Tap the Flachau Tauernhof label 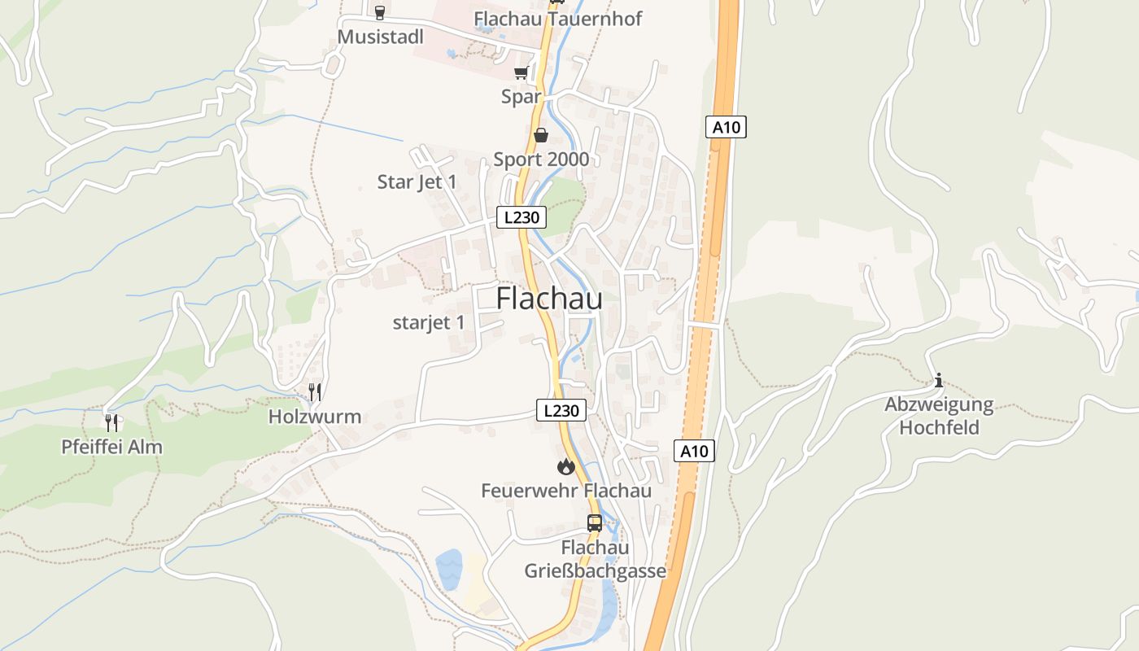tap(557, 19)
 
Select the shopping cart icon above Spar tap(521, 73)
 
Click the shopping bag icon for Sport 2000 tap(540, 135)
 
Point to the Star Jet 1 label tap(417, 181)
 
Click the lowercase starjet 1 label tap(429, 322)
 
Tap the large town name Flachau tap(549, 299)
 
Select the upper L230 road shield tap(521, 217)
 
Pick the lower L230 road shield tap(561, 410)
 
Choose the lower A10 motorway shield tap(694, 451)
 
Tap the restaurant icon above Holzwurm tap(316, 392)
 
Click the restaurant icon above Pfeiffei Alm tap(112, 422)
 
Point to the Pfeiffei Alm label tap(112, 447)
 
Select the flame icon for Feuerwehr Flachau tap(565, 466)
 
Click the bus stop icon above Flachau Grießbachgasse tap(595, 523)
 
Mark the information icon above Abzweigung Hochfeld tap(939, 380)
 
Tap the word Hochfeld tap(939, 427)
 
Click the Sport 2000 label tap(541, 159)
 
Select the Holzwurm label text tap(315, 417)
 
